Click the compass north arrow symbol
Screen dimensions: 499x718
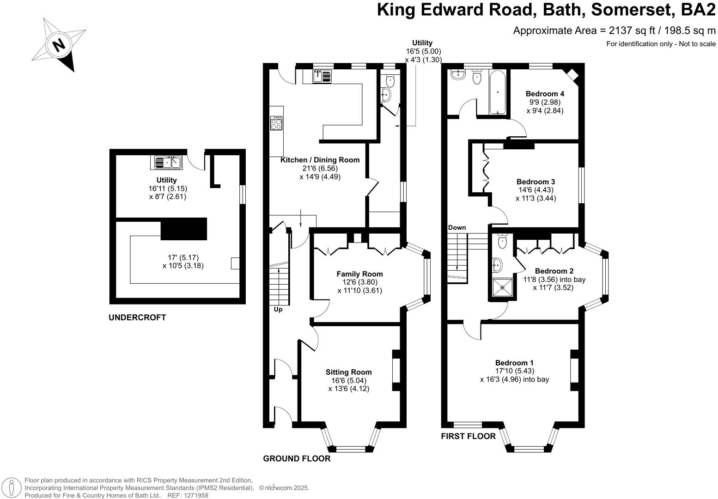(59, 45)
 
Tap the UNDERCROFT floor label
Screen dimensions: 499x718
(137, 317)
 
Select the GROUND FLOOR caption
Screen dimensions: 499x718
(297, 458)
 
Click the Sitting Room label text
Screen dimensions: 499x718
(348, 372)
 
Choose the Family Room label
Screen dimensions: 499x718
(359, 274)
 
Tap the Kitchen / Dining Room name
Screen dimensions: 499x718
(320, 160)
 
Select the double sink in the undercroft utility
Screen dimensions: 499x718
(168, 162)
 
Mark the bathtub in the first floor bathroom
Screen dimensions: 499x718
(497, 92)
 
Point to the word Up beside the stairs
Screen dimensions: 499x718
(278, 310)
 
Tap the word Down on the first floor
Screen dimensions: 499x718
(457, 227)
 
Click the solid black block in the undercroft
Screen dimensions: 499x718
(183, 229)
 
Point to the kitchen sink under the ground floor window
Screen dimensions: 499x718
(322, 76)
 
